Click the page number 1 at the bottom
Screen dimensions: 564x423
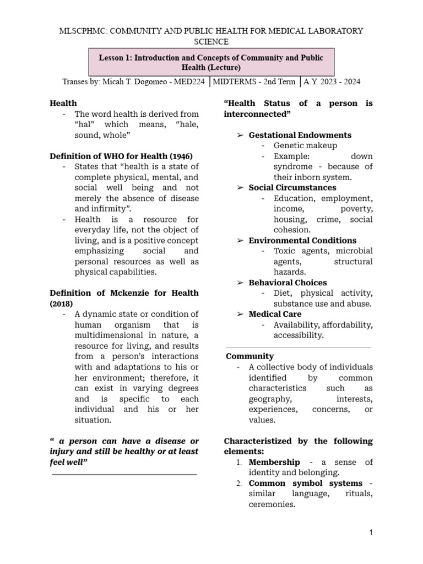371,533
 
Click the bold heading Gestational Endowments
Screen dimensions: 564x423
300,135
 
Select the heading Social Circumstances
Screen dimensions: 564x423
292,188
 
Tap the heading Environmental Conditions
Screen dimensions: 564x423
302,240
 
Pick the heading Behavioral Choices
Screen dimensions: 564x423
288,283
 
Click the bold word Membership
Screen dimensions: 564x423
274,462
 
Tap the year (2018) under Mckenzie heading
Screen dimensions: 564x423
61,303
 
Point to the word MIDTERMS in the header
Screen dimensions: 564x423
235,82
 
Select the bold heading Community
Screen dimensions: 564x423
250,356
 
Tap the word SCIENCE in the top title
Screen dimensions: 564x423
211,41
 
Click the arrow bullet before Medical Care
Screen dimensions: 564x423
240,314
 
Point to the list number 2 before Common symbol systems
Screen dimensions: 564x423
239,484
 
